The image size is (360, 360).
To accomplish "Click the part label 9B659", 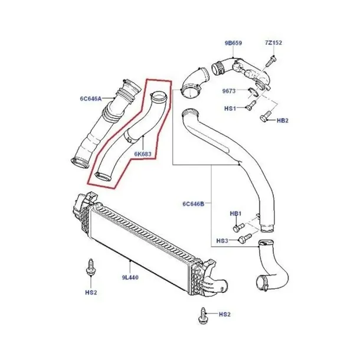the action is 233,43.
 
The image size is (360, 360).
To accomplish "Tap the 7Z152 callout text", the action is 273,42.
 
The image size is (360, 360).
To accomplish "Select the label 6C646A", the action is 91,99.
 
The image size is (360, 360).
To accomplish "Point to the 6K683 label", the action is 143,154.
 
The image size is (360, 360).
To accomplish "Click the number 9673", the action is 229,91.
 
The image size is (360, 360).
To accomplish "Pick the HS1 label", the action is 230,108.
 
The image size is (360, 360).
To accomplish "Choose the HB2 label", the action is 283,120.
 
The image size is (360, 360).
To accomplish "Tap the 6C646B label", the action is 194,204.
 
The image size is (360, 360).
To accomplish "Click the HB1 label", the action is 235,214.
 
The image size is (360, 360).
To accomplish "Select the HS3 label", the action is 222,241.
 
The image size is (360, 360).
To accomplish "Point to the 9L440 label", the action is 130,277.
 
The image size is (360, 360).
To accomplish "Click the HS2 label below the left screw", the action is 91,293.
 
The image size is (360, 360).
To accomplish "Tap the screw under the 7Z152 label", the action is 271,61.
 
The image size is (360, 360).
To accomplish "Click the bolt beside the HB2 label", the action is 266,116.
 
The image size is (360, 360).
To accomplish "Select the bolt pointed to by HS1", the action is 250,106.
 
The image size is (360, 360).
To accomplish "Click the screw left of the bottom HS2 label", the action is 202,316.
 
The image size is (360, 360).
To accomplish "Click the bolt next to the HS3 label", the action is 245,238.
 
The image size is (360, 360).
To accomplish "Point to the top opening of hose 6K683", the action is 159,96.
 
